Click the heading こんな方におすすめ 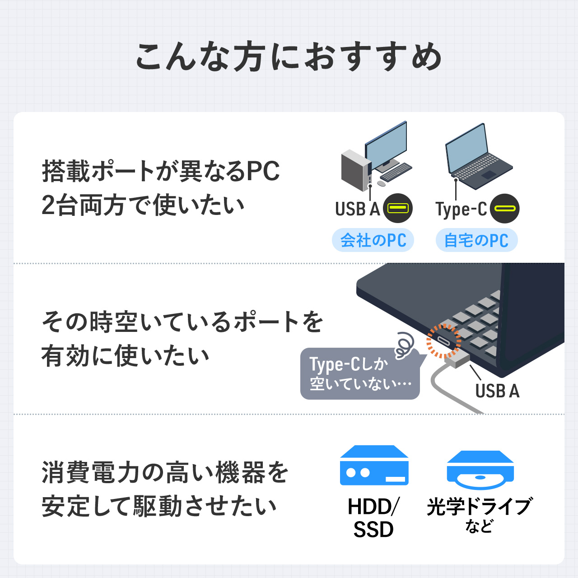[289, 57]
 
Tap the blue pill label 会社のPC [373, 240]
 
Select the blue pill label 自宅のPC [476, 240]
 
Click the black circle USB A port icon [398, 208]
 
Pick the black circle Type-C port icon [504, 209]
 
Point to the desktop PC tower [356, 170]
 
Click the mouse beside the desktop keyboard [381, 184]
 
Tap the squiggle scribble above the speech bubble [404, 345]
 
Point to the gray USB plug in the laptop [457, 359]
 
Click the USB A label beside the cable [497, 391]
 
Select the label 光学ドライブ [479, 507]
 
